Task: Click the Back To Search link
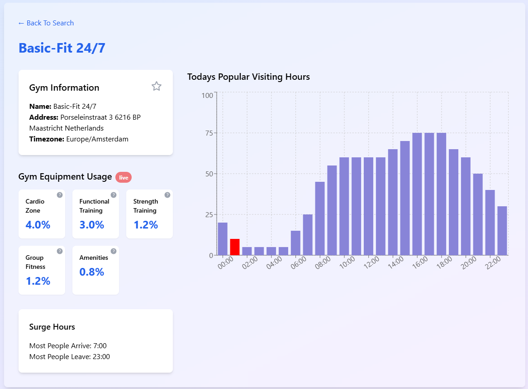point(46,23)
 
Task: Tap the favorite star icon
point(157,86)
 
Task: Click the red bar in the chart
point(235,247)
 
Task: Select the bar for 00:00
point(223,239)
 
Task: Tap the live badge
point(124,177)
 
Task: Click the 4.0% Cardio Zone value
point(38,225)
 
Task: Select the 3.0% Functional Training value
point(92,225)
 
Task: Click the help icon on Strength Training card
point(167,195)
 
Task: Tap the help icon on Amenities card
point(114,251)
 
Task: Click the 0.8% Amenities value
point(92,272)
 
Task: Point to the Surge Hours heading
point(52,327)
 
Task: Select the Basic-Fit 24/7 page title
point(62,48)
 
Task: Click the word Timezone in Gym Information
point(46,139)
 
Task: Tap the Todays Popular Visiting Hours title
point(248,77)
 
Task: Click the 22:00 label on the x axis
point(493,263)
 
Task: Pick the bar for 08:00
point(320,219)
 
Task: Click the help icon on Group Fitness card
point(60,251)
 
